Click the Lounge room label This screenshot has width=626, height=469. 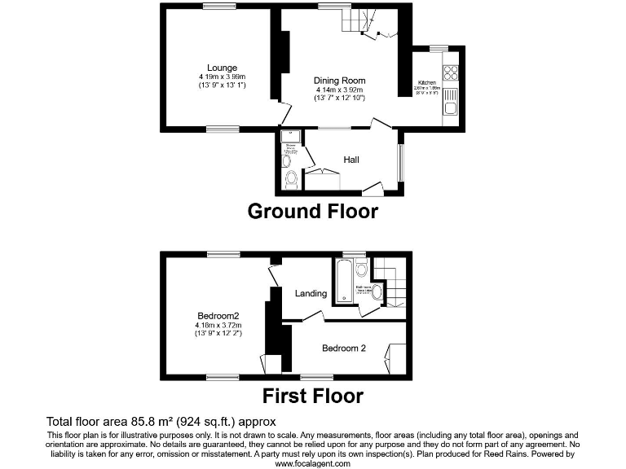222,68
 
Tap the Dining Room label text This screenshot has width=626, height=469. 340,81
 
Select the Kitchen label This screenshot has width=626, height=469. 427,83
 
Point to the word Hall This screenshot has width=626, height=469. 351,160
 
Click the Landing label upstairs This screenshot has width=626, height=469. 311,293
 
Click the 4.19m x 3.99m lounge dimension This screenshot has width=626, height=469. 222,77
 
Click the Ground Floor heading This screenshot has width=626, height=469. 312,212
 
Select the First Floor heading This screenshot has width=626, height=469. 312,397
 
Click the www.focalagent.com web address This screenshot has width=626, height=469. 312,463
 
